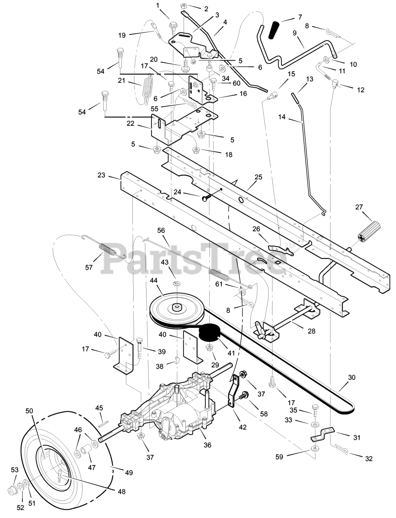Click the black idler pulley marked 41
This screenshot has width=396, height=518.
[210, 333]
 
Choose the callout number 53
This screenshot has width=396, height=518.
[15, 469]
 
